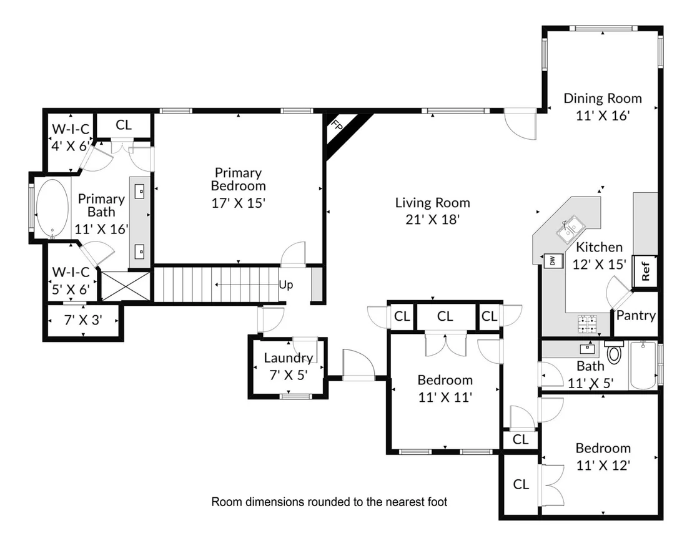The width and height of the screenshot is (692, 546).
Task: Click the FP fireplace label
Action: click(337, 125)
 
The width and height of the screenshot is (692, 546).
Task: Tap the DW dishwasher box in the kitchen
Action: click(553, 261)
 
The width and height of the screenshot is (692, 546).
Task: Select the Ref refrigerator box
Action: click(645, 271)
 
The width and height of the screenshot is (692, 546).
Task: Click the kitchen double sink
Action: click(571, 229)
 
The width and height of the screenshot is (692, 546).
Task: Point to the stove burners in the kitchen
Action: click(588, 324)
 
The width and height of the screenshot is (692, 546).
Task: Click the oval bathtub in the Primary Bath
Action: click(52, 208)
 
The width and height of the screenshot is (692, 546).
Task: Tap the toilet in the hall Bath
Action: click(614, 351)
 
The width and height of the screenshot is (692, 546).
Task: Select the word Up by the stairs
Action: click(286, 285)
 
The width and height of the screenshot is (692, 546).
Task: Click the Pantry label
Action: click(636, 315)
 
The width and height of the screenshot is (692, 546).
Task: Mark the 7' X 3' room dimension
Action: click(84, 319)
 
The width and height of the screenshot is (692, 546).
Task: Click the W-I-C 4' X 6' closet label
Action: click(71, 137)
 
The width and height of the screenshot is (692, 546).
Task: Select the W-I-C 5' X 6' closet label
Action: click(71, 281)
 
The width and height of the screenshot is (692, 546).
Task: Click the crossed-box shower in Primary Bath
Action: click(126, 286)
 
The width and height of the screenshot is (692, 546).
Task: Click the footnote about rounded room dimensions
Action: click(329, 502)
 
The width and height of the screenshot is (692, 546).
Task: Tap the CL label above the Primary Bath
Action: click(124, 125)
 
